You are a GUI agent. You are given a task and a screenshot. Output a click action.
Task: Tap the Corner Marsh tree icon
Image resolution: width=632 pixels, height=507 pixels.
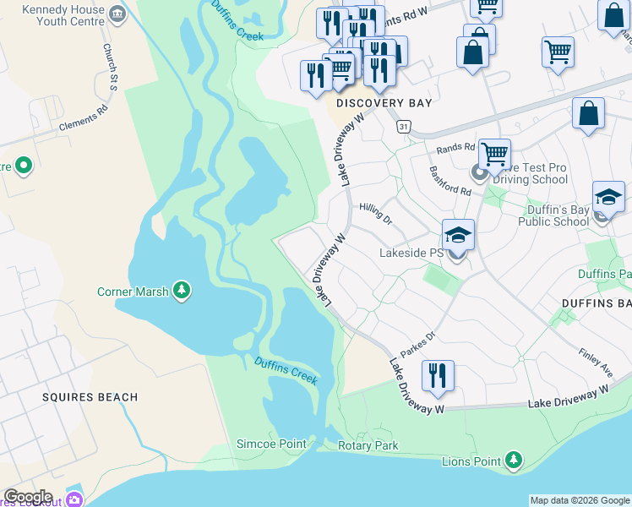181,292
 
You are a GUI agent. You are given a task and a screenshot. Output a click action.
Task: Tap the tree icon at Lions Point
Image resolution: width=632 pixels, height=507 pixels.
512,461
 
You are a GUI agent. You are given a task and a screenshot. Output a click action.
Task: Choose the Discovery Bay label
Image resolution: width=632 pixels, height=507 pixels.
384,103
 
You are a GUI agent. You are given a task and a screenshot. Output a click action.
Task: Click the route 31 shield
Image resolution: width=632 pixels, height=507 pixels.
405,126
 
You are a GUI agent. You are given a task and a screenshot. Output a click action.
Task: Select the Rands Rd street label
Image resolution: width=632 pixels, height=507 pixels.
455,149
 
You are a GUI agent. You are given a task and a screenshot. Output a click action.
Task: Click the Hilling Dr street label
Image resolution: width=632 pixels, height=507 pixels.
375,211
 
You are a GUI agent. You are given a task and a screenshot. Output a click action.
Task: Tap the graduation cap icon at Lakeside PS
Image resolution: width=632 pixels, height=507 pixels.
457,234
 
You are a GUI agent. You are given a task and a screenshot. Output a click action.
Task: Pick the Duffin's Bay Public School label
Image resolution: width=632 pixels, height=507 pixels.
547,215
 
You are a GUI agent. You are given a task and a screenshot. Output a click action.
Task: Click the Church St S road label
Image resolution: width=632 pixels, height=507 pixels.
110,68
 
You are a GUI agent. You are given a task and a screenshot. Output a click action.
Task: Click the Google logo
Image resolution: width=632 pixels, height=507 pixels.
28,497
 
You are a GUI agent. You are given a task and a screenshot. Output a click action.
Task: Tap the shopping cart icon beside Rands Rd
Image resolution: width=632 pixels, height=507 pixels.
494,155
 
